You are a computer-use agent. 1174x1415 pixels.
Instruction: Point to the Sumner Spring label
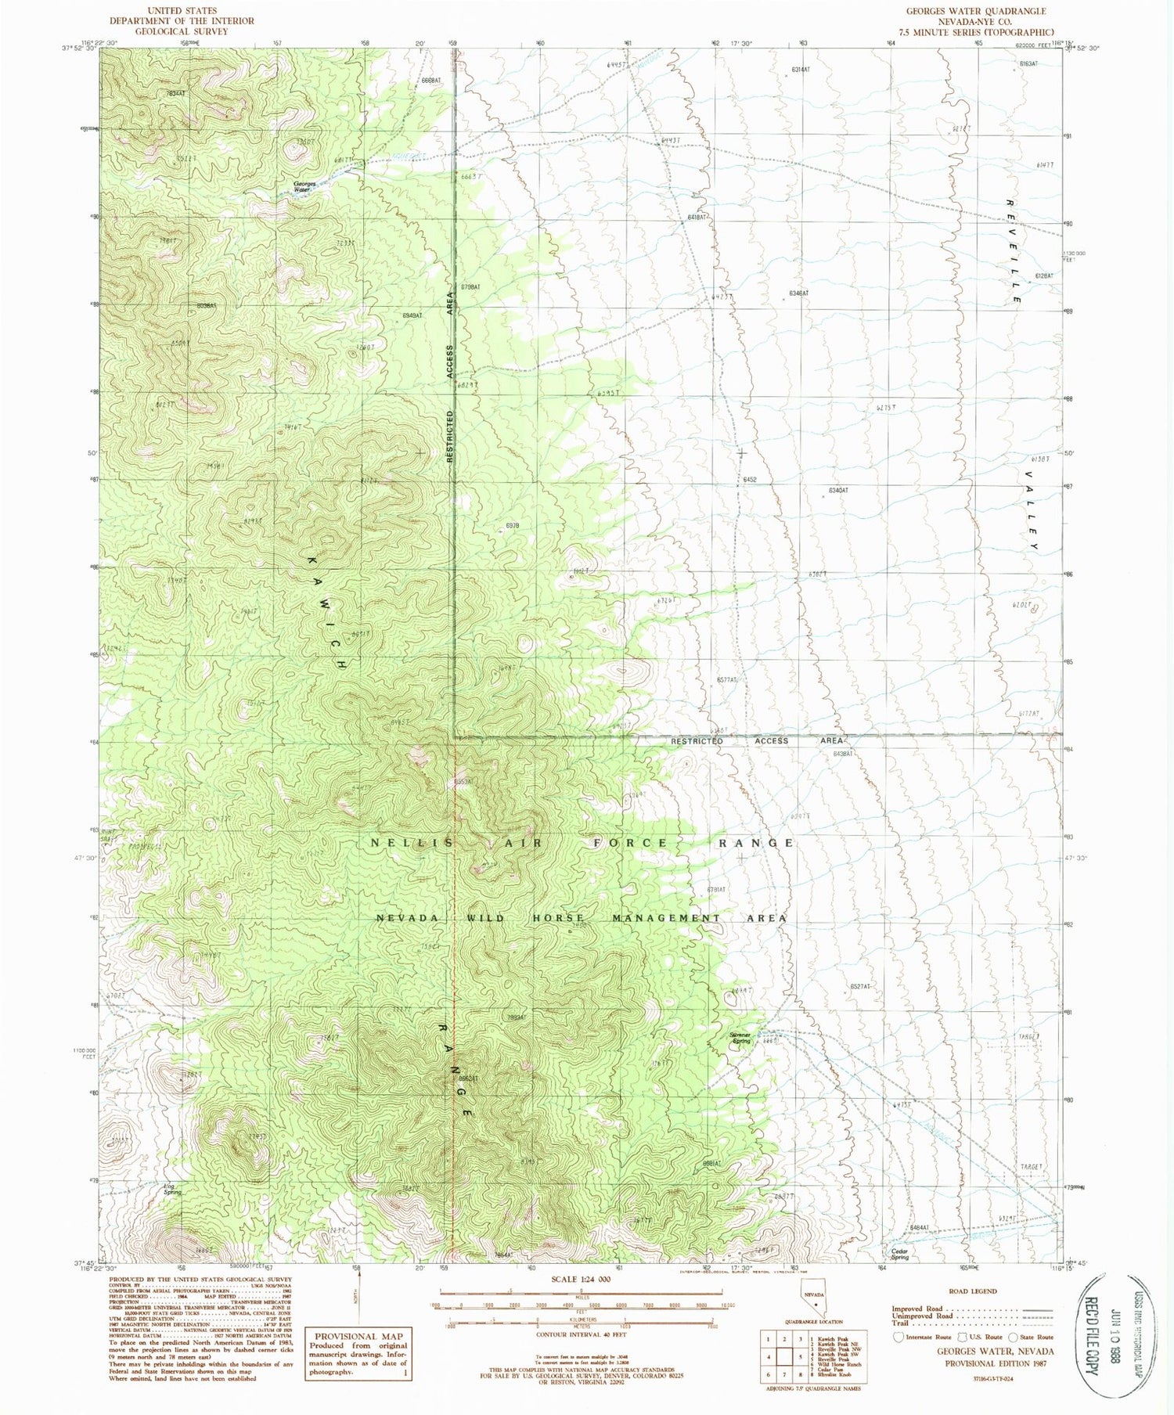[x=740, y=1038]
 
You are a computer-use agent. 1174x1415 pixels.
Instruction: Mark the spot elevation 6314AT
[x=801, y=70]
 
